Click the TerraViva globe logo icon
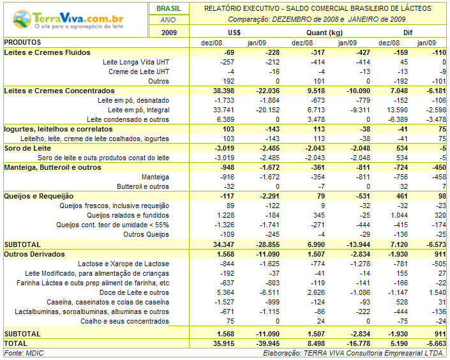[22, 19]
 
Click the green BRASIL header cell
[169, 8]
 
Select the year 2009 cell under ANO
[169, 33]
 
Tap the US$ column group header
[234, 33]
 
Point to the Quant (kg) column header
[325, 33]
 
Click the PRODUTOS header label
[22, 43]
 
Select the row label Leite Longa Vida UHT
[136, 62]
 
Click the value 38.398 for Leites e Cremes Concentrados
[223, 91]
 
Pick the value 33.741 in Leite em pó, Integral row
[223, 110]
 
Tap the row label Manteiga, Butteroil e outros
[52, 167]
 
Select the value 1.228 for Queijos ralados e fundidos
[225, 215]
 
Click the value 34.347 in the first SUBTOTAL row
[223, 244]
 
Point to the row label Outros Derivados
[34, 254]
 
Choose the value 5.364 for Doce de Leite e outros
[225, 292]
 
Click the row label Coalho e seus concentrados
[125, 321]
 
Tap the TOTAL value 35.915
[223, 343]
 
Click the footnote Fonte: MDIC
[24, 353]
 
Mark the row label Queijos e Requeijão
[39, 196]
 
